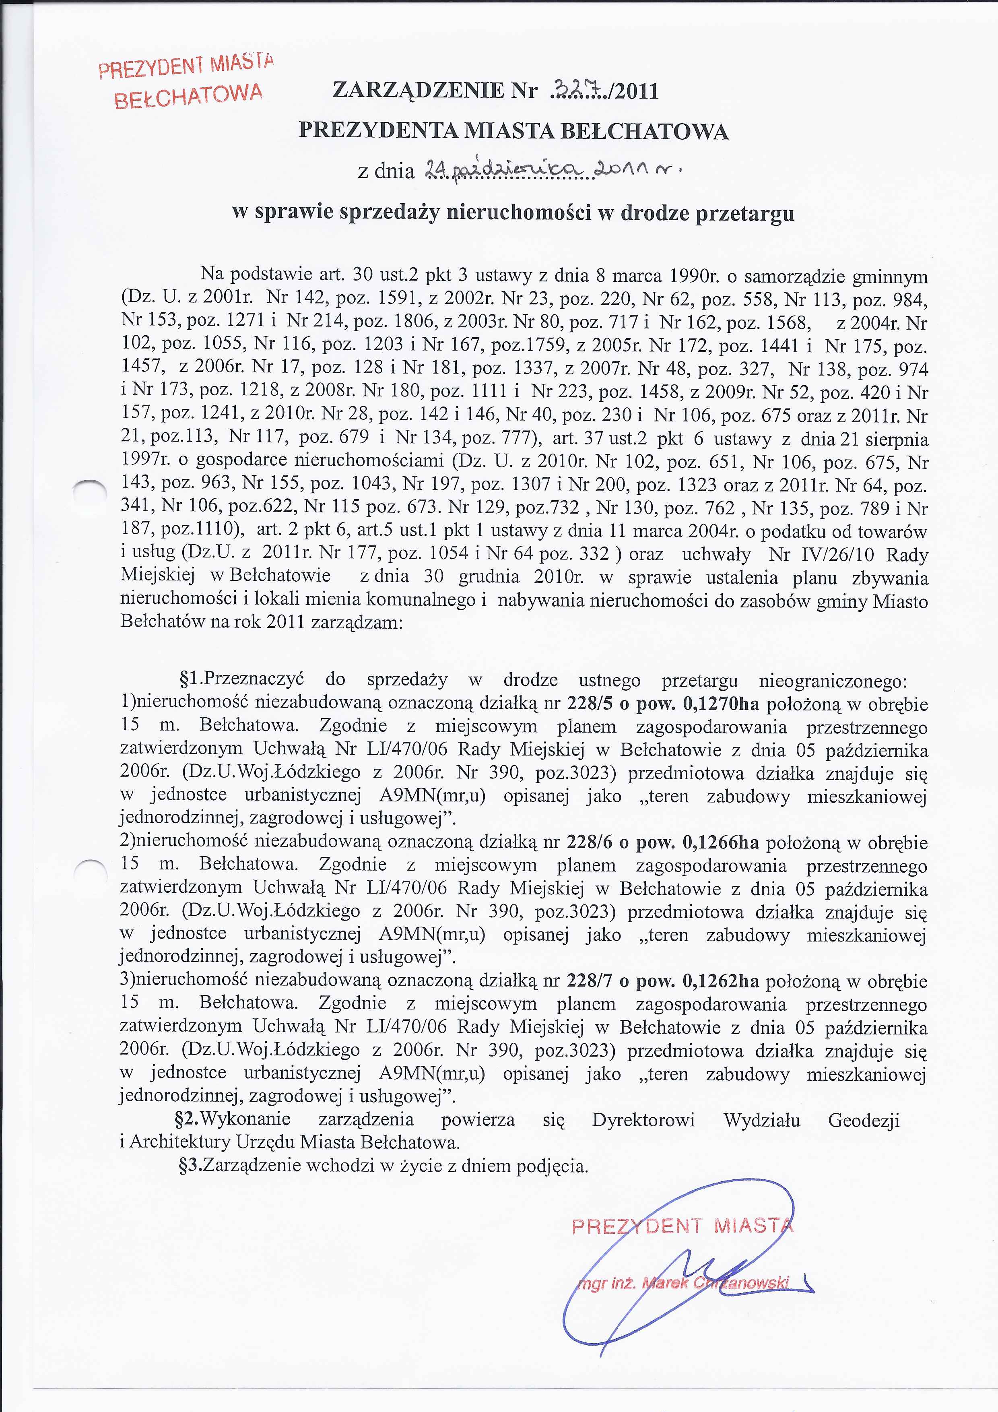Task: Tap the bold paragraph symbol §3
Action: [x=190, y=1165]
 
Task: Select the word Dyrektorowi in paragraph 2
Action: [x=643, y=1120]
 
